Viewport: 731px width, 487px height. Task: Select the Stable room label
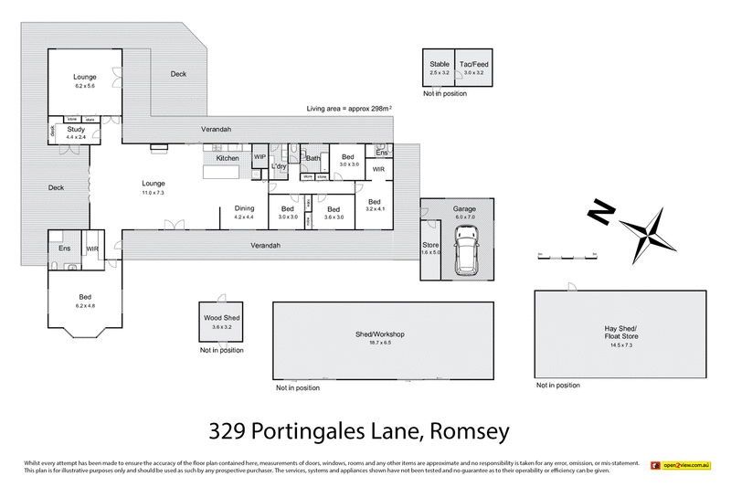[x=440, y=64]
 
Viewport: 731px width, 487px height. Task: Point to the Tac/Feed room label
[x=475, y=64]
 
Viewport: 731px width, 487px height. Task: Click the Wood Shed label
[x=219, y=318]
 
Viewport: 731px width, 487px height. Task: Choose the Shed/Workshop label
[x=379, y=334]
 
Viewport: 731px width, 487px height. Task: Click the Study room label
[x=76, y=130]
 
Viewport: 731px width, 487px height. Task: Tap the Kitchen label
[x=228, y=158]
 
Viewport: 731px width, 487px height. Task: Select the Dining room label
[x=244, y=207]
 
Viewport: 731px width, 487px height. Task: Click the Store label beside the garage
[x=430, y=244]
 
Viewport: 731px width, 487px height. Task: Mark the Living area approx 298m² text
[x=349, y=109]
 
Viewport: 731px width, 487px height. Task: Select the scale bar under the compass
[x=567, y=258]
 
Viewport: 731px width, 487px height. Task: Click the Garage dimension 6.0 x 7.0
[x=464, y=217]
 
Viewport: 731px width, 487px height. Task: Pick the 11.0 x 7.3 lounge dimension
[x=153, y=193]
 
